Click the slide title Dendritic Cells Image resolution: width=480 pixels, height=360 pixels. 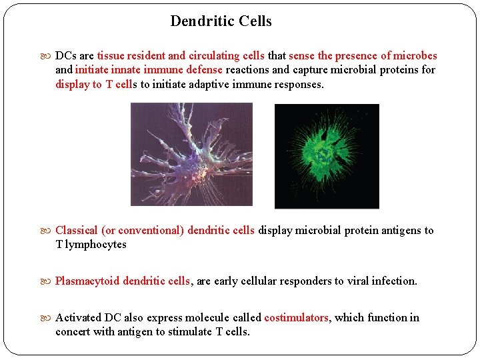click(221, 21)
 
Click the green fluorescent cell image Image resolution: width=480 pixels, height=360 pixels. click(327, 156)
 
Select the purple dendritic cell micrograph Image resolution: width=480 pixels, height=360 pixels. click(191, 154)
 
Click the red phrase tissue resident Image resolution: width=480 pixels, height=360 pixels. click(131, 56)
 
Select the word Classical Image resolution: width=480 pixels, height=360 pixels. click(76, 231)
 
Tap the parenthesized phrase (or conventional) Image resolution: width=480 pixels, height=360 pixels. click(143, 231)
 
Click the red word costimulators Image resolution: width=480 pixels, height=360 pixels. click(296, 318)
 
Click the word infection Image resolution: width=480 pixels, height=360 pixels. click(392, 281)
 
